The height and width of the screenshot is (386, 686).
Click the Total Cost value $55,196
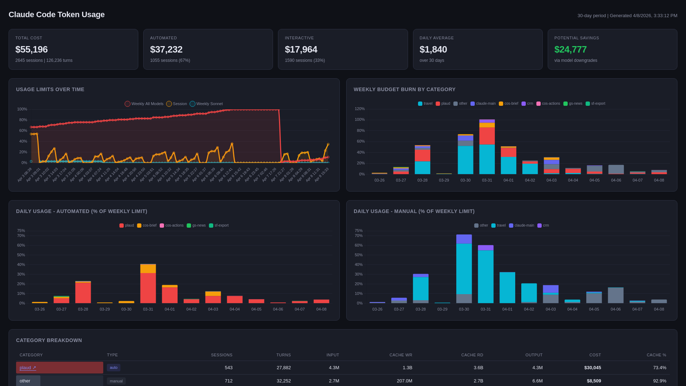tap(31, 49)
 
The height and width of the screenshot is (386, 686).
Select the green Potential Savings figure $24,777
tap(570, 49)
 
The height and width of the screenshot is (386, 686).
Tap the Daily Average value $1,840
tap(433, 49)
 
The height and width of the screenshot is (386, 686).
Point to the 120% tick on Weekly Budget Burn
tap(359, 109)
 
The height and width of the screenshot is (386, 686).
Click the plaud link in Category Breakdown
tap(28, 367)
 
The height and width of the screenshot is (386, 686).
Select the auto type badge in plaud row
tap(113, 367)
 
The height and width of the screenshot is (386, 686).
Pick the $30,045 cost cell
tap(592, 367)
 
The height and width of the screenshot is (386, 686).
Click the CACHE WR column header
tap(401, 355)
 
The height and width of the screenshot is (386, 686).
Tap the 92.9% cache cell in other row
tap(659, 381)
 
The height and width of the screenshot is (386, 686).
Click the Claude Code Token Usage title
tap(56, 15)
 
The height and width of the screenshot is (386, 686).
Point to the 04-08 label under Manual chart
tap(659, 309)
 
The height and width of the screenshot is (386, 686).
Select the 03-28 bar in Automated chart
tap(83, 292)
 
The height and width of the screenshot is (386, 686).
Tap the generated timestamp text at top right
tap(627, 16)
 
